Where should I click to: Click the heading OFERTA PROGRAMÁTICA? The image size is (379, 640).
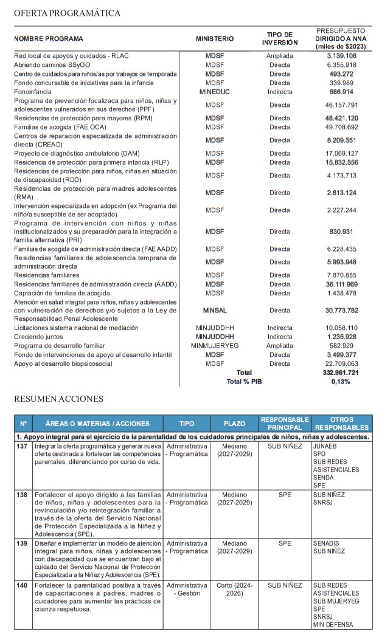pyautogui.click(x=67, y=13)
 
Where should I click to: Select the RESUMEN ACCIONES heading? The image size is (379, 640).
pyautogui.click(x=58, y=399)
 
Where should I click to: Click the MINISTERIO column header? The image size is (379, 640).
pyautogui.click(x=215, y=39)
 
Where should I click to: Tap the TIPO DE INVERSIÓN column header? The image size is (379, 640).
pyautogui.click(x=280, y=39)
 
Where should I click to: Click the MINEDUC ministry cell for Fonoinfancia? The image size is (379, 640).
pyautogui.click(x=215, y=92)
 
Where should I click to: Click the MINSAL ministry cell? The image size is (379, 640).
pyautogui.click(x=215, y=310)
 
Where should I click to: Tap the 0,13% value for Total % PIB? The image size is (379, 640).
pyautogui.click(x=341, y=382)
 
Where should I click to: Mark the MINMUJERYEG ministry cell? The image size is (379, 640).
pyautogui.click(x=215, y=346)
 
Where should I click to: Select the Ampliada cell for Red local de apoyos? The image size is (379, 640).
pyautogui.click(x=280, y=55)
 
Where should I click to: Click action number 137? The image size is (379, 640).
pyautogui.click(x=23, y=446)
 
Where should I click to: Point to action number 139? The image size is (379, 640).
pyautogui.click(x=23, y=543)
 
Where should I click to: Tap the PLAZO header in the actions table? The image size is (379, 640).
pyautogui.click(x=234, y=423)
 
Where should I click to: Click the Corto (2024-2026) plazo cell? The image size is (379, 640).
pyautogui.click(x=234, y=590)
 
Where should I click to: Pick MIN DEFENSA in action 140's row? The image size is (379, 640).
pyautogui.click(x=333, y=625)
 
